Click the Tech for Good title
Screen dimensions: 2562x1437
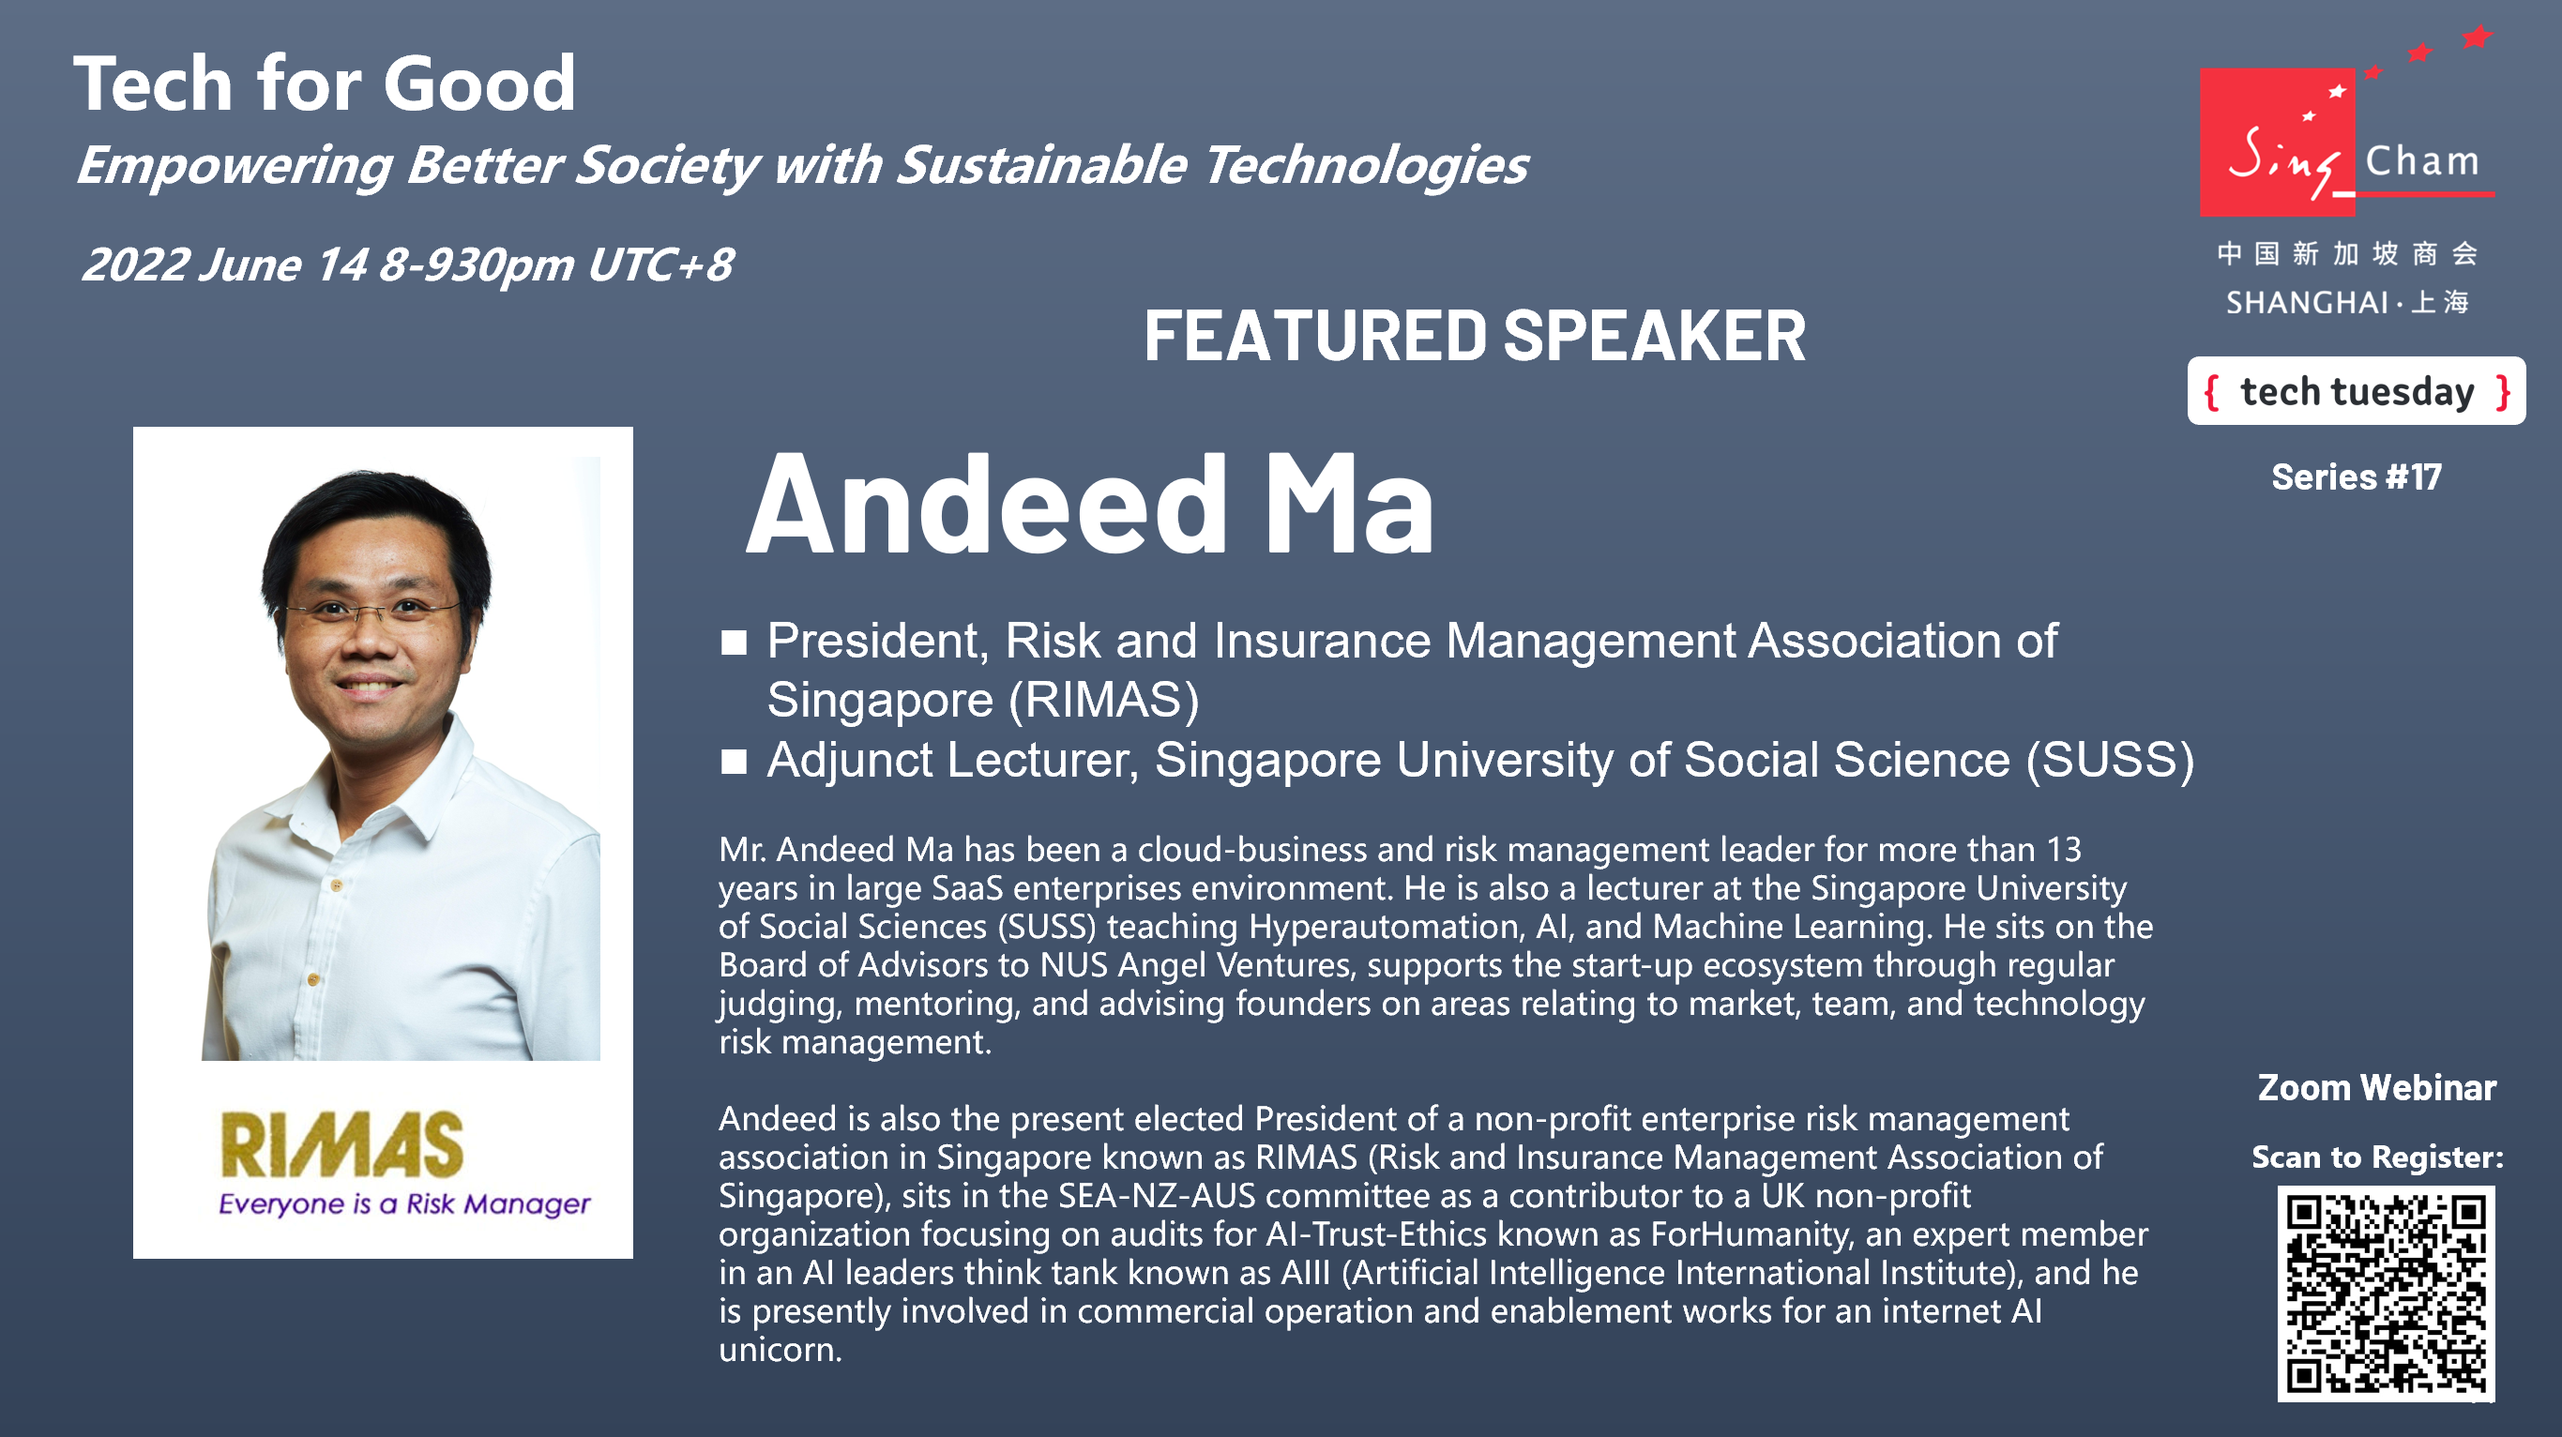[325, 83]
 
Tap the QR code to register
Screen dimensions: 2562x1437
[2385, 1293]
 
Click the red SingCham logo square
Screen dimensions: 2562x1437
[2278, 143]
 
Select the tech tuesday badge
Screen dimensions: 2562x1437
[2357, 391]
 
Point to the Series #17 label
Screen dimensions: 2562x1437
[2357, 477]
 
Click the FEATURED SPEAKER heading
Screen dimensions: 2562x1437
[1474, 336]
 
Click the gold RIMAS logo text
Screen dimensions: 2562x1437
[342, 1144]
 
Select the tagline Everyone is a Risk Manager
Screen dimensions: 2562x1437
[403, 1204]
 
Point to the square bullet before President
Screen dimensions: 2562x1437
[734, 643]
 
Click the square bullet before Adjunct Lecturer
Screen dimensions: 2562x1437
[734, 762]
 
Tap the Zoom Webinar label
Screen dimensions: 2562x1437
[2377, 1088]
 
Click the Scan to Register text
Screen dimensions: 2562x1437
[2378, 1157]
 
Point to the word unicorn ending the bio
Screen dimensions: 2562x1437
[781, 1350]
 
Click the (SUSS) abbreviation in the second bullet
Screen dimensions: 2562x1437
[2111, 761]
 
